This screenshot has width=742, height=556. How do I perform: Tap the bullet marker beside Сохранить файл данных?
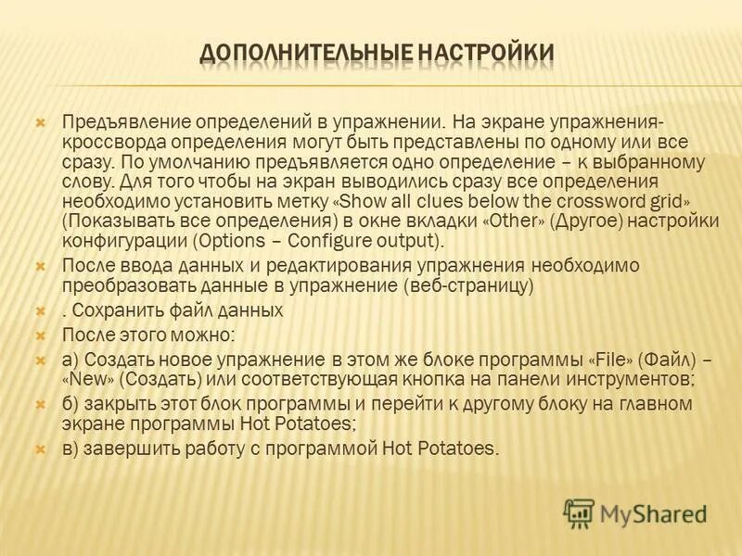pos(40,310)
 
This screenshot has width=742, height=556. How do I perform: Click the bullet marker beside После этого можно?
pos(40,334)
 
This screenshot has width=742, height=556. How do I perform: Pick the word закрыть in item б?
pos(116,404)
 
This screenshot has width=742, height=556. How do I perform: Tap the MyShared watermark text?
pos(653,512)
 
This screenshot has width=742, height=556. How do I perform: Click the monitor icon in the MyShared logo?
pos(579,512)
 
